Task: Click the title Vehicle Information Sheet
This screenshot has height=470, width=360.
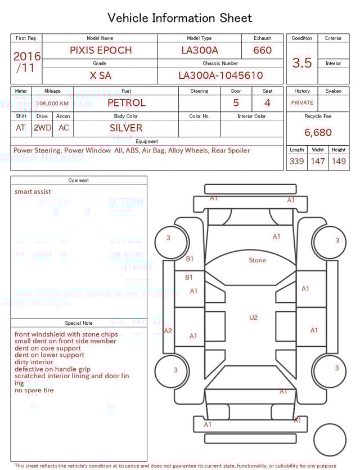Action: point(180,18)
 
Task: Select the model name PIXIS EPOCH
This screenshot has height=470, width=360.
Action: point(101,50)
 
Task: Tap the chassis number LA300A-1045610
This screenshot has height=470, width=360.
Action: point(220,75)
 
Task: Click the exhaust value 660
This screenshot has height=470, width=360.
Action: point(262,50)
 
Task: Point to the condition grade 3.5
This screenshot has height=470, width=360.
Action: point(302,63)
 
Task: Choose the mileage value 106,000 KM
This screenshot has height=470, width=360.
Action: point(53,104)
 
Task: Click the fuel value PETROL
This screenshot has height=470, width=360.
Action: point(126,103)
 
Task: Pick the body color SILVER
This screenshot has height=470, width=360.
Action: point(126,128)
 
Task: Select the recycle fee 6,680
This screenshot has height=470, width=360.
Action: point(318,133)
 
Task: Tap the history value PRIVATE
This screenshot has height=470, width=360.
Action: point(302,103)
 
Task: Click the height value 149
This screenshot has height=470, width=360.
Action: point(339,162)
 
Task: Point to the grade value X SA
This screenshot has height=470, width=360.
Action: point(100,75)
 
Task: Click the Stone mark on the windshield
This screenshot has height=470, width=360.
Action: point(258,261)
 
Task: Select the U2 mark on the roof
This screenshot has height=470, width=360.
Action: point(254,318)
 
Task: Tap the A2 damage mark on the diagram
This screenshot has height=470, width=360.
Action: point(168,331)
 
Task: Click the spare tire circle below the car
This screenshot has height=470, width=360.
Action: point(330,440)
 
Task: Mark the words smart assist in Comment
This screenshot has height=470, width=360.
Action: point(33,192)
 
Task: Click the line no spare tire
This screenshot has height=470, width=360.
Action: point(34,390)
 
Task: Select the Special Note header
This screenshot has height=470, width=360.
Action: point(79,323)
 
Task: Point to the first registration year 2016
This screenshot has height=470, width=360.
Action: point(27,56)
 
